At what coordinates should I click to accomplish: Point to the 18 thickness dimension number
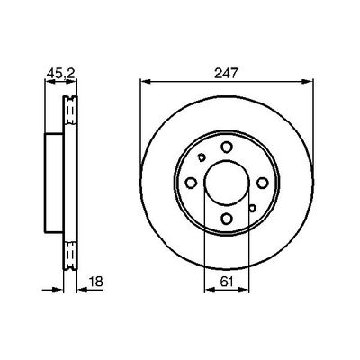95,283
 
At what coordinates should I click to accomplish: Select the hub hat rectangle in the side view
53,180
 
